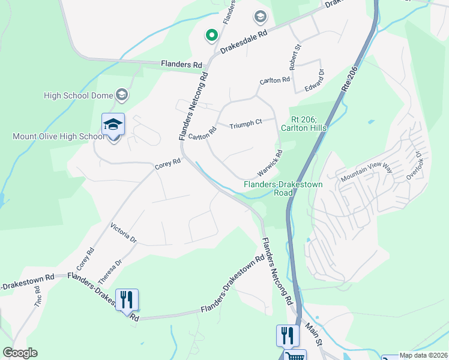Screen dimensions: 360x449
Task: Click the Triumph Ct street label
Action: click(x=246, y=124)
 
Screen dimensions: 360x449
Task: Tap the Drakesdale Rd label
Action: click(x=243, y=41)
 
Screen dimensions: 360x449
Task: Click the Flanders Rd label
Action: click(x=181, y=64)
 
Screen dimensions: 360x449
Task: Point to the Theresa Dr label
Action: click(x=110, y=271)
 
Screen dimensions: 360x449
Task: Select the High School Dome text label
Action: click(x=79, y=95)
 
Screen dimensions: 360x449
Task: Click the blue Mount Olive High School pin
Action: click(x=113, y=125)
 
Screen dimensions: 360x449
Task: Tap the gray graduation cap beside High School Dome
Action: click(x=122, y=94)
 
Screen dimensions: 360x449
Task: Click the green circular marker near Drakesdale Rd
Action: click(x=211, y=36)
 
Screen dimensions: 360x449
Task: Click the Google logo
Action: click(x=20, y=353)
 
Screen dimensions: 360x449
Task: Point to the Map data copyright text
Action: click(x=423, y=355)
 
